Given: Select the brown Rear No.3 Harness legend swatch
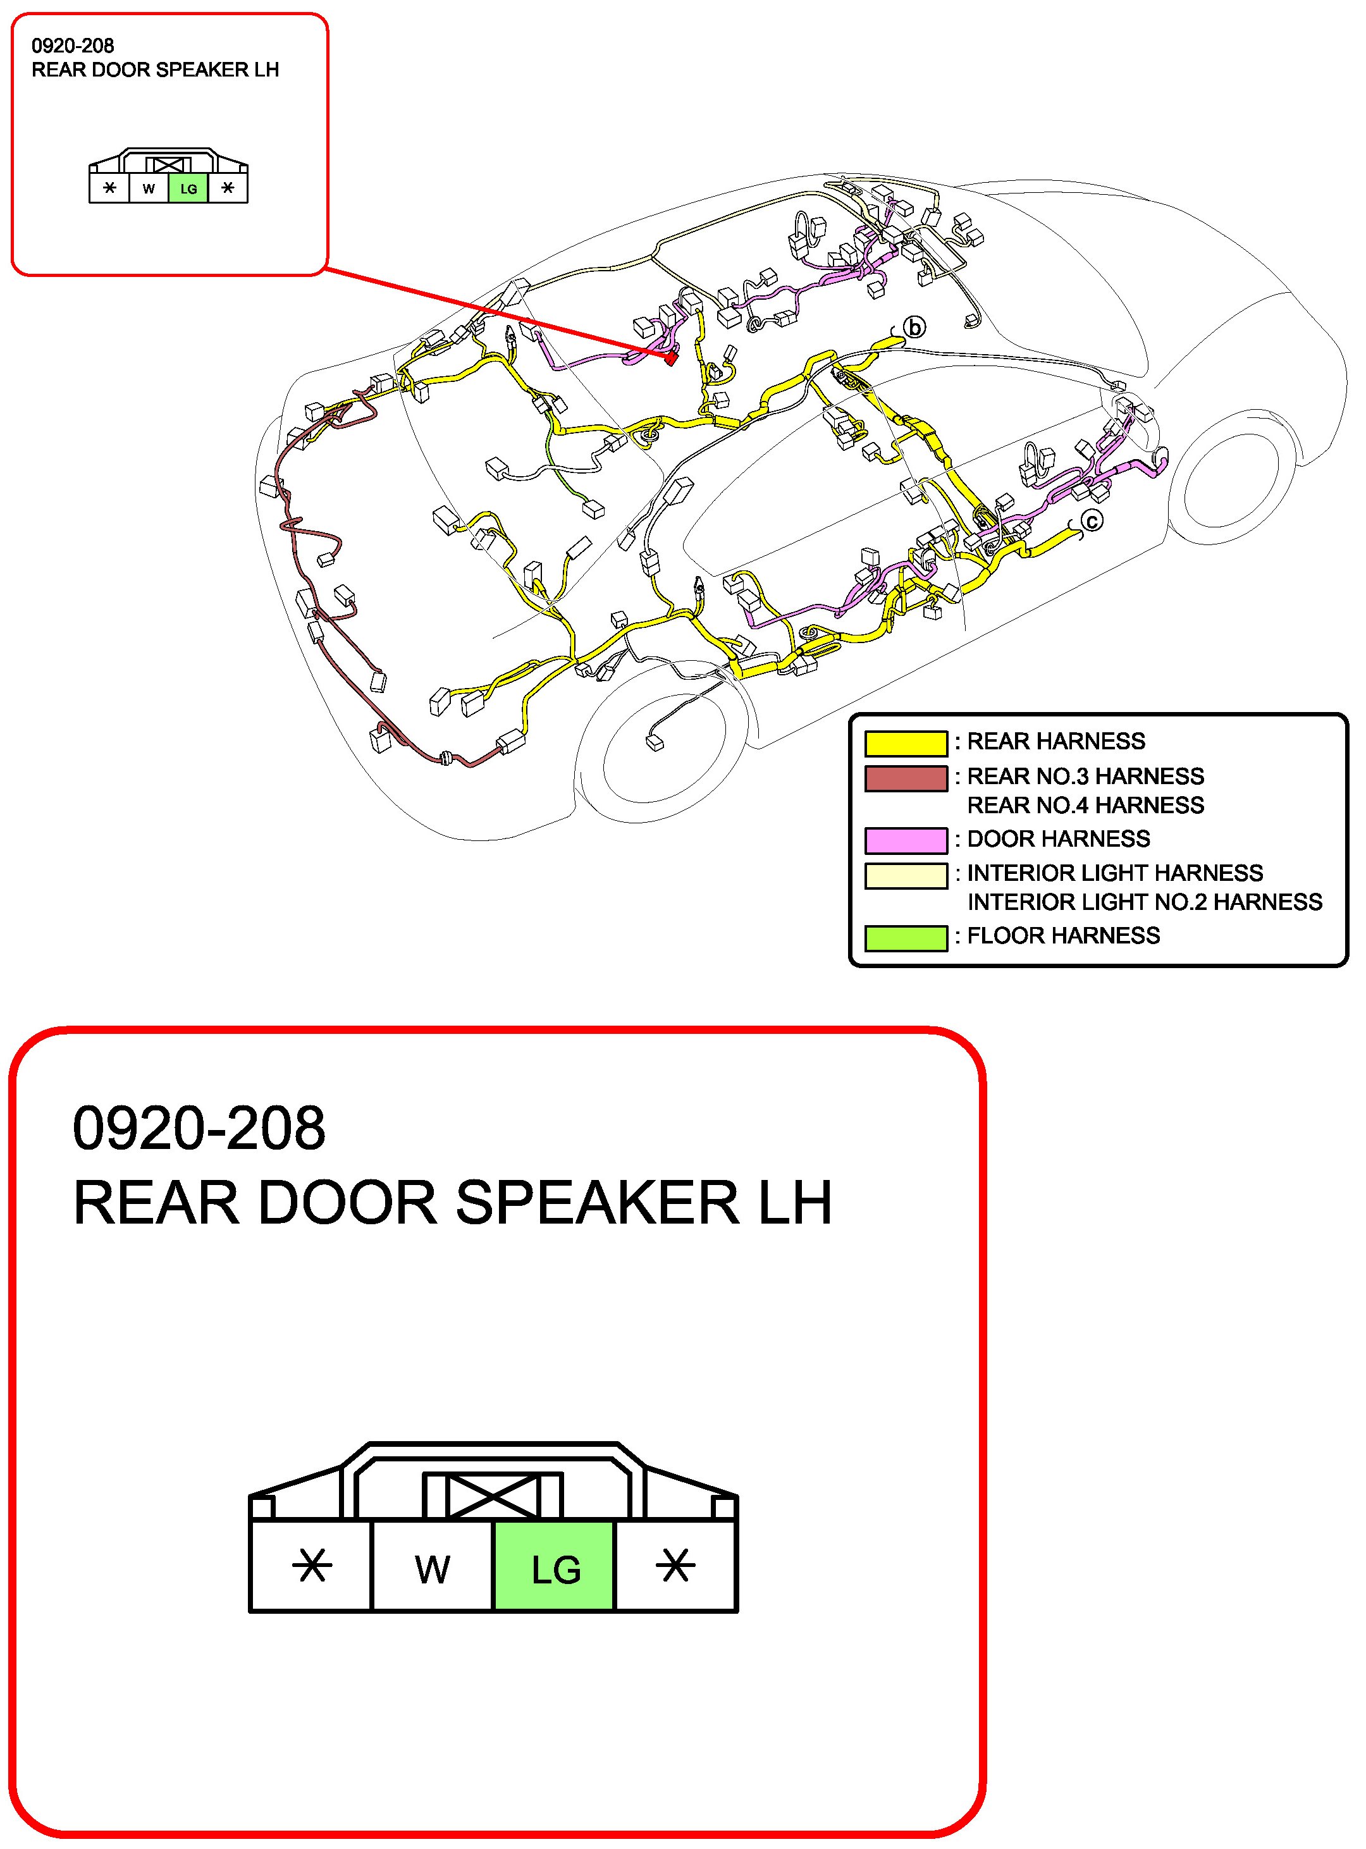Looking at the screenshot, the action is (x=906, y=778).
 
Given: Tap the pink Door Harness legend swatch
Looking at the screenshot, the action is (x=906, y=840).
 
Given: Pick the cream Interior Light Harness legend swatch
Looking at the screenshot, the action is (x=906, y=875).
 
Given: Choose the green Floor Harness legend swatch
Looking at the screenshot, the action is (x=906, y=938).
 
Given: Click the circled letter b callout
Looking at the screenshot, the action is (x=914, y=328).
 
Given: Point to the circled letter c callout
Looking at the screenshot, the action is (x=1092, y=521).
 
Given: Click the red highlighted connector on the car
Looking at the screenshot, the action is (x=670, y=359).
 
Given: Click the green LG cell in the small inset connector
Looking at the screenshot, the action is (x=188, y=188).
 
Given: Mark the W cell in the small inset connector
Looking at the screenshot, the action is (x=149, y=188).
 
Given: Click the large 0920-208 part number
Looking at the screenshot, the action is (x=199, y=1129).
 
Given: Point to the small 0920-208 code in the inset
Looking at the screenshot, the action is (x=73, y=46).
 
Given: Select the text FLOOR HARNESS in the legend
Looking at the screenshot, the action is (x=1063, y=935).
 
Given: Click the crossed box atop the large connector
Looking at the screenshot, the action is (x=492, y=1495).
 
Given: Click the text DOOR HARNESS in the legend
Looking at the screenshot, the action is (x=1059, y=838).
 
